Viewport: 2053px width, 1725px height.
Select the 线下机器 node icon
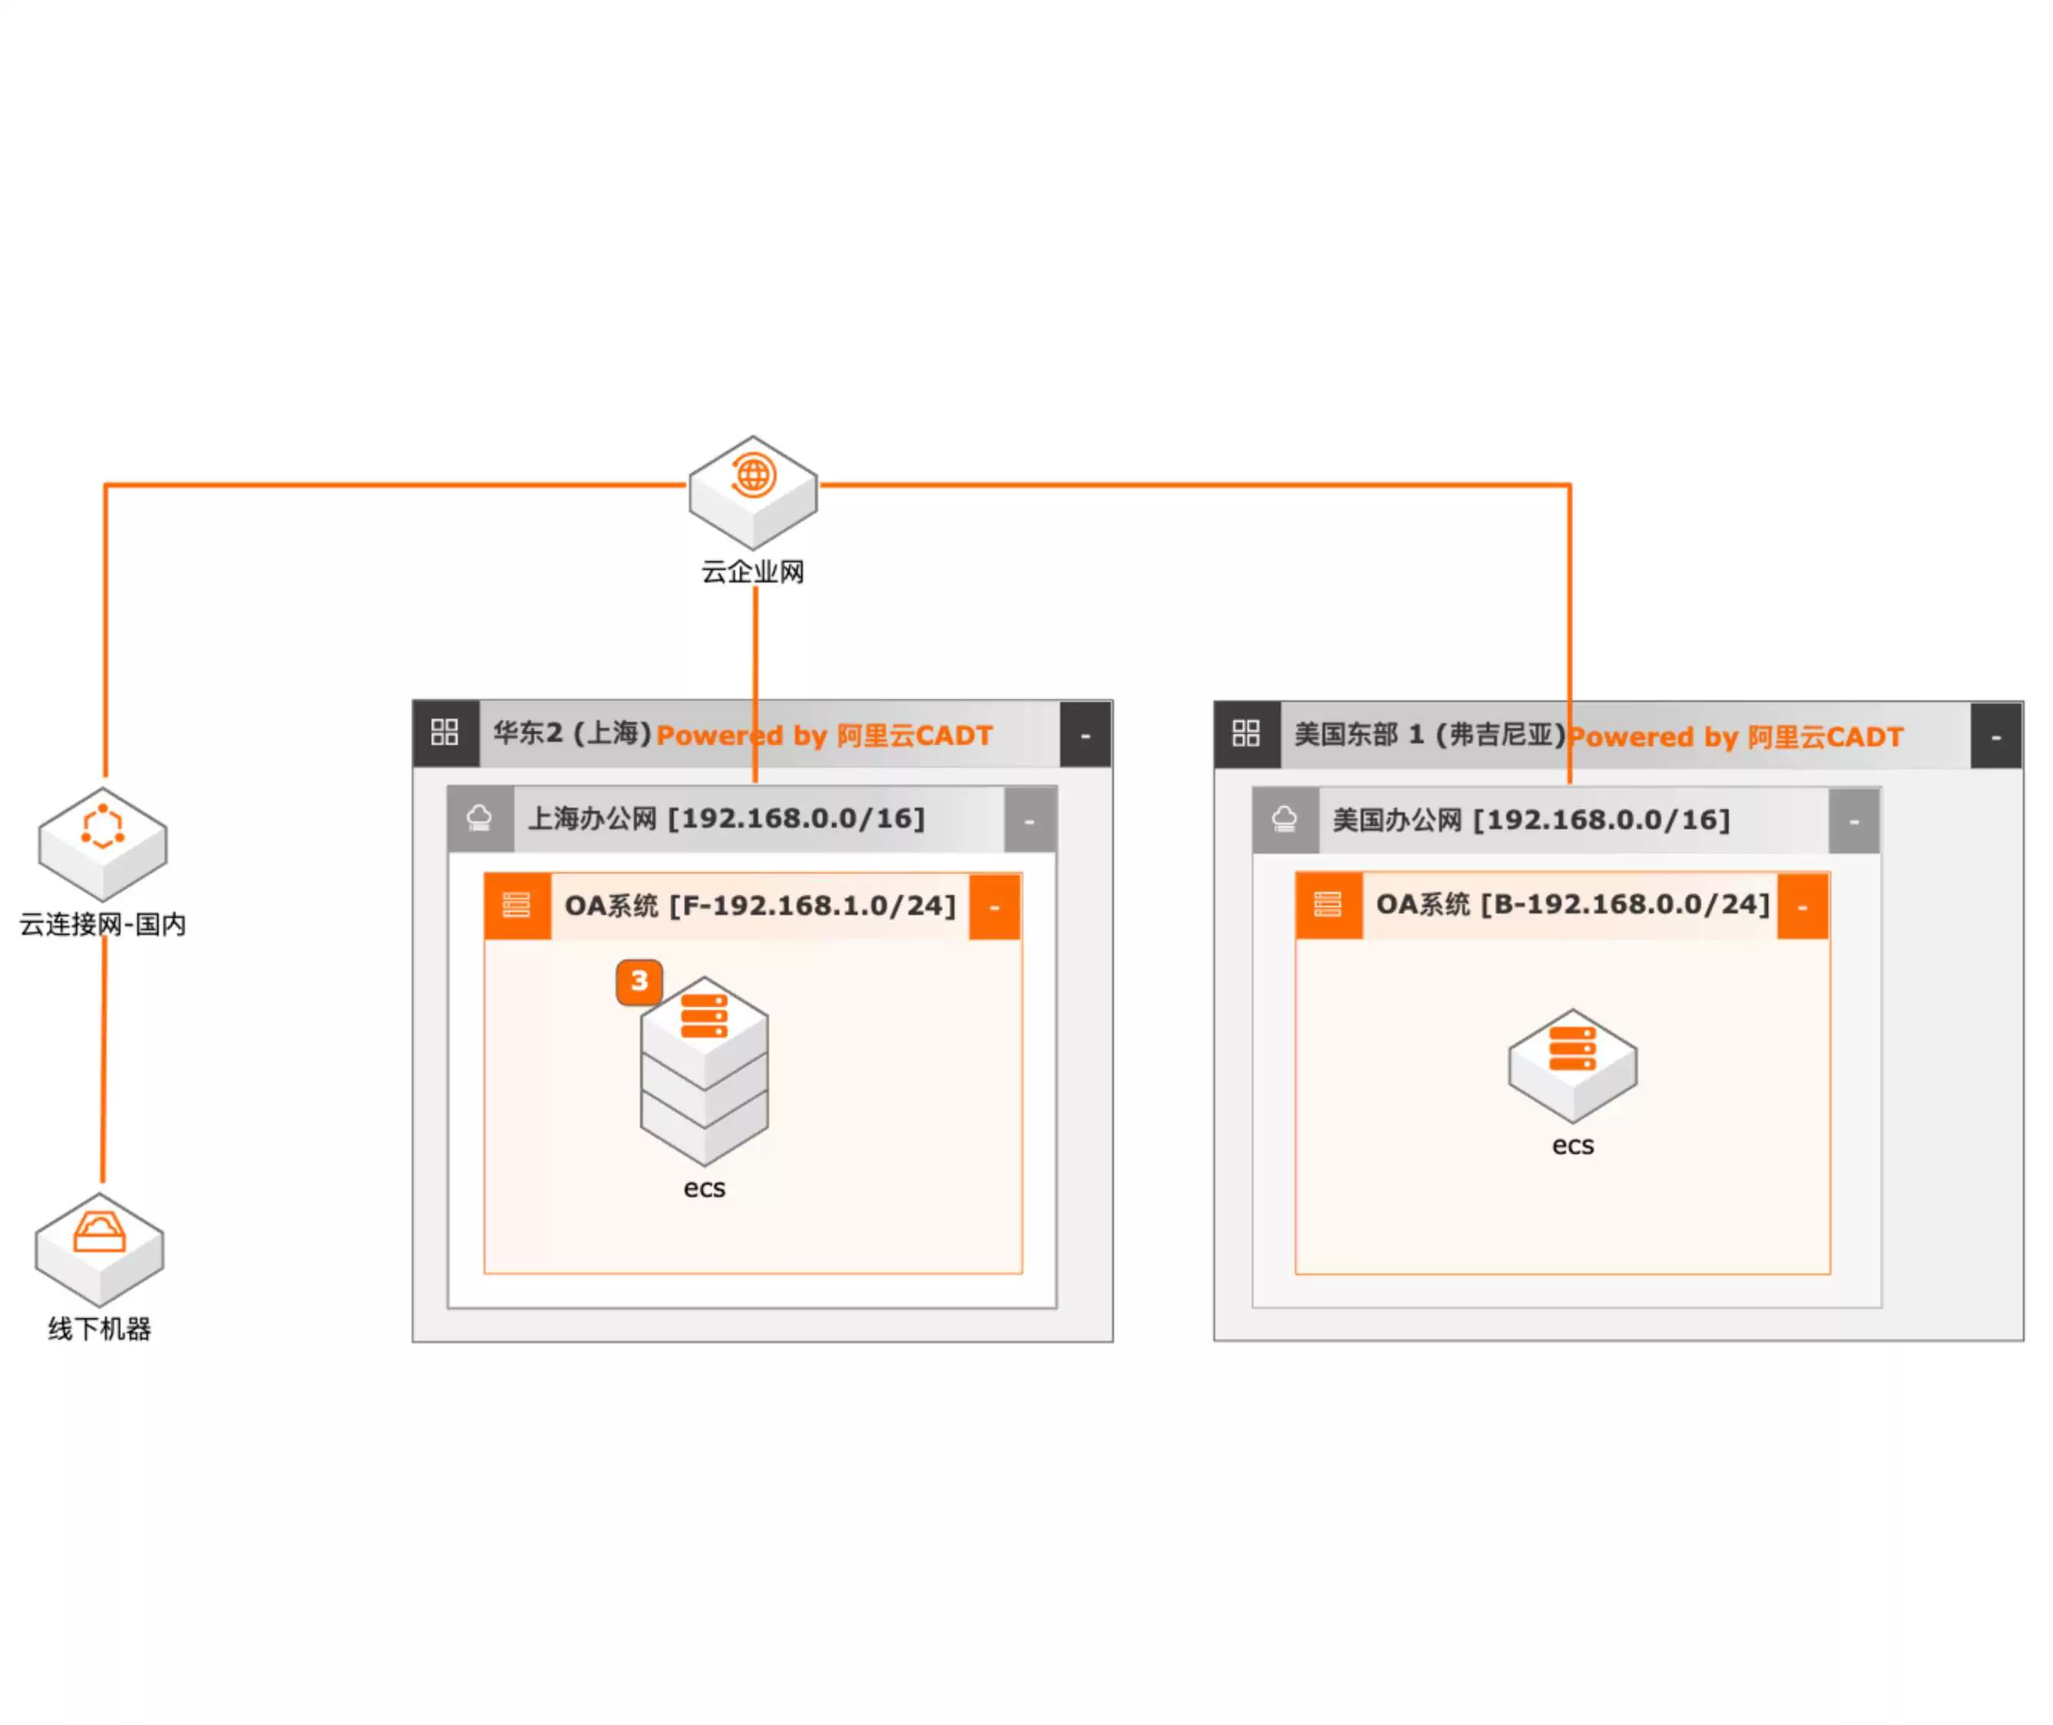click(x=100, y=1248)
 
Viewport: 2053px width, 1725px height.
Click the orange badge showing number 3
click(x=639, y=981)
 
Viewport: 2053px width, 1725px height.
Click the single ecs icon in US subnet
click(x=1572, y=1064)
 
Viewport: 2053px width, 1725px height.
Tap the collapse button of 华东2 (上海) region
click(x=1085, y=733)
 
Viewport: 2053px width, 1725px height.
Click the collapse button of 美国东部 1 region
click(x=1996, y=736)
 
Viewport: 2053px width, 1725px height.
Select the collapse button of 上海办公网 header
click(x=1029, y=819)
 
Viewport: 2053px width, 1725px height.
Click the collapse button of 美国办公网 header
click(x=1854, y=822)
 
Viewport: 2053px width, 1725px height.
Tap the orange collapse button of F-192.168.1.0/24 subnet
click(x=994, y=907)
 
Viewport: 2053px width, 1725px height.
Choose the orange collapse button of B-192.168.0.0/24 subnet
click(x=1802, y=906)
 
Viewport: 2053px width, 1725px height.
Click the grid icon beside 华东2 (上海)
click(x=445, y=733)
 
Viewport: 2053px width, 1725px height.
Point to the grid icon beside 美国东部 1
click(x=1246, y=733)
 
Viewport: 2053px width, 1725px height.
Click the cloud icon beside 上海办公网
click(x=479, y=818)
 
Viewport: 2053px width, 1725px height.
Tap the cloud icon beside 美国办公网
click(x=1284, y=819)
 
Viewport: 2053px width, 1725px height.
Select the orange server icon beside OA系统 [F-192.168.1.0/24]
click(x=517, y=906)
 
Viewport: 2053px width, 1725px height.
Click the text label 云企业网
click(x=752, y=572)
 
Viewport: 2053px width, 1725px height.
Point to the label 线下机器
click(x=100, y=1329)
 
